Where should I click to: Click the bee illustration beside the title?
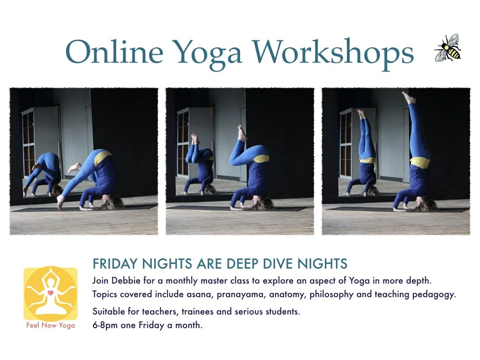(x=448, y=48)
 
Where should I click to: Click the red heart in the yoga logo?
(x=50, y=292)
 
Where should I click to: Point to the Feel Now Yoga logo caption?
(x=51, y=325)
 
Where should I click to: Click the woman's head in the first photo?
(x=112, y=202)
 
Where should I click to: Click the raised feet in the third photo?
(x=408, y=97)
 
